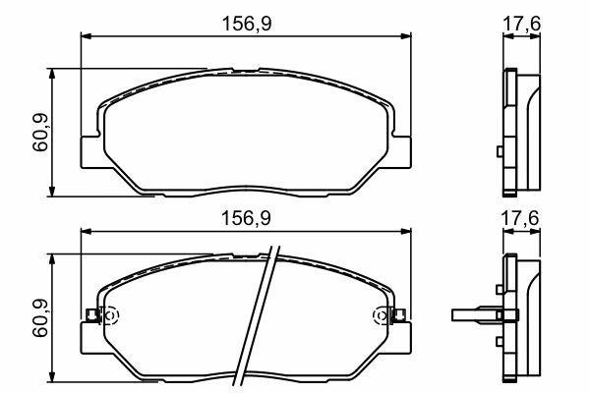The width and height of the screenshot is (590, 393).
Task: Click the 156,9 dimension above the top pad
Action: (247, 24)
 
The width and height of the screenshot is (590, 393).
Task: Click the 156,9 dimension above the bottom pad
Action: (246, 218)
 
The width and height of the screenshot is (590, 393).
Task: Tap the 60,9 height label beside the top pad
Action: (40, 132)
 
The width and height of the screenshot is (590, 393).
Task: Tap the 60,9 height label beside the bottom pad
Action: (40, 317)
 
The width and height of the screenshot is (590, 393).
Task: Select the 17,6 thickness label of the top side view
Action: (521, 24)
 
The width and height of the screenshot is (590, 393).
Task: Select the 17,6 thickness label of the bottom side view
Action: (520, 218)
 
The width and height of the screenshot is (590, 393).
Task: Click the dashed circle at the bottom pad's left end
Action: (110, 315)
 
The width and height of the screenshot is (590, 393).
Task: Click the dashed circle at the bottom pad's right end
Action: (381, 315)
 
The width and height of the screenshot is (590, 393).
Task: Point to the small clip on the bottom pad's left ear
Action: (92, 315)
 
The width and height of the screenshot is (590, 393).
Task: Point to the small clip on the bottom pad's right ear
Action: (399, 315)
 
